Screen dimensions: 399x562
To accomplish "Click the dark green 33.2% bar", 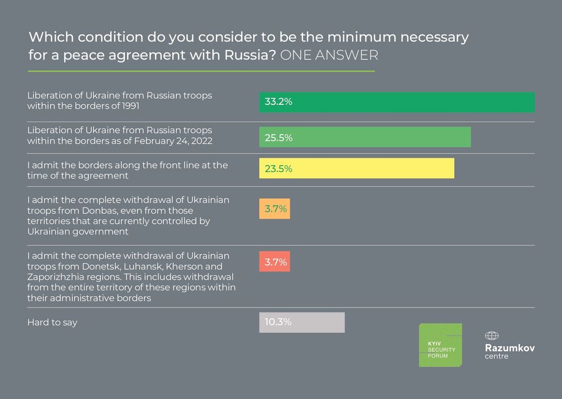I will [x=397, y=102].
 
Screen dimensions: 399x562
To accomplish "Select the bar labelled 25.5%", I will [x=365, y=137].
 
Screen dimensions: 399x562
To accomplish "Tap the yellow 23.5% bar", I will [x=356, y=169].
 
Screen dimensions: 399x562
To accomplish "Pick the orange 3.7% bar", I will [x=274, y=209].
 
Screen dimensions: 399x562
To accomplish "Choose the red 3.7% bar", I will [x=274, y=262].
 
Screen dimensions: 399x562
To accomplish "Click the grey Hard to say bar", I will [x=302, y=323].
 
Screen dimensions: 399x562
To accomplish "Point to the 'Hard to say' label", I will [x=52, y=323].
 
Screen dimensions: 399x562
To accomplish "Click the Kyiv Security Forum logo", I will [x=440, y=345].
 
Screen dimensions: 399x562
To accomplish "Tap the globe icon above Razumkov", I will [x=492, y=336].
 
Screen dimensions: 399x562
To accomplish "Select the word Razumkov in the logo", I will [x=509, y=347].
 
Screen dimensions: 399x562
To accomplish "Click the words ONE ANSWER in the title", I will [x=329, y=56].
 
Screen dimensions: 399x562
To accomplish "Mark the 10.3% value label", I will [x=275, y=323].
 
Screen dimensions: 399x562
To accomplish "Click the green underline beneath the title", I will [x=201, y=71].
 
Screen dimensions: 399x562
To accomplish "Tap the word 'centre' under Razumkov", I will [x=496, y=356].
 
